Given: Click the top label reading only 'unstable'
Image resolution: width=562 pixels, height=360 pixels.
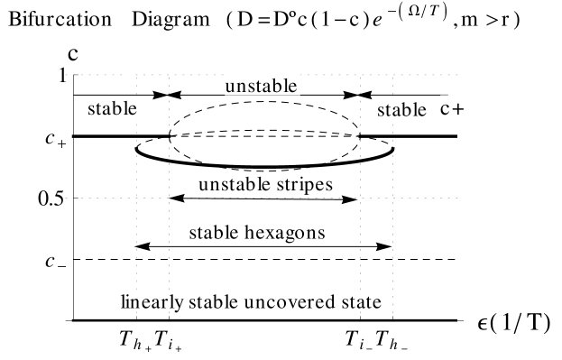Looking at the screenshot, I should (x=262, y=87).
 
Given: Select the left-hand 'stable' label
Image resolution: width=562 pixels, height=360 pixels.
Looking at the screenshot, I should (x=113, y=108).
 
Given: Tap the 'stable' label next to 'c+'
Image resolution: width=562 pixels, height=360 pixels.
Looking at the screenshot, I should (x=401, y=110).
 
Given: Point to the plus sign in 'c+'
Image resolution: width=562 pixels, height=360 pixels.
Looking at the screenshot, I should (x=457, y=108).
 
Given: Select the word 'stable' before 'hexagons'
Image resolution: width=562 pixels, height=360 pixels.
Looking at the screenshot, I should (x=215, y=233).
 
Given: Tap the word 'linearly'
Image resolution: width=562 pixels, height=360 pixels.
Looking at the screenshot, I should (x=152, y=301).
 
